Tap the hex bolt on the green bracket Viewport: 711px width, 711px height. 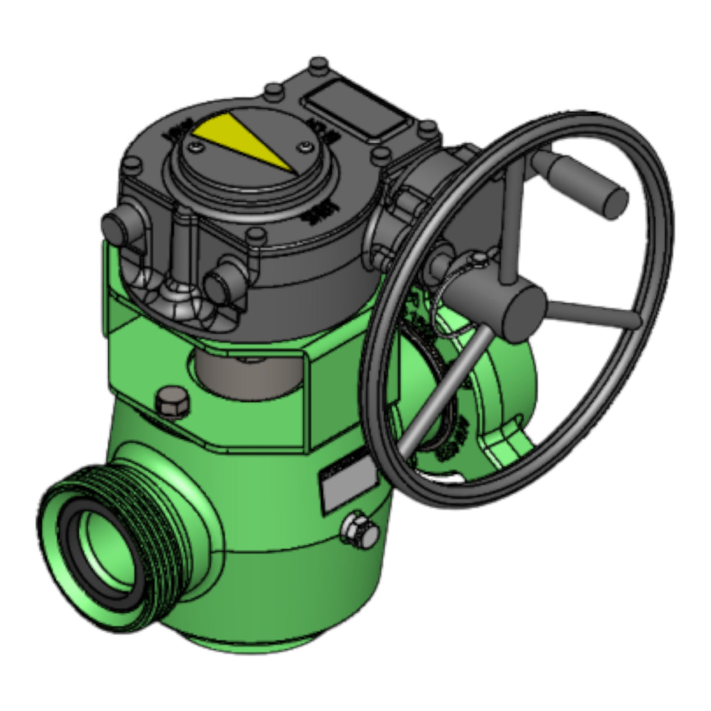pos(172,404)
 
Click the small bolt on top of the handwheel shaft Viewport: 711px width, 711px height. pos(480,258)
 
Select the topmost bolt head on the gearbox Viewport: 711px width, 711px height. pos(318,63)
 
